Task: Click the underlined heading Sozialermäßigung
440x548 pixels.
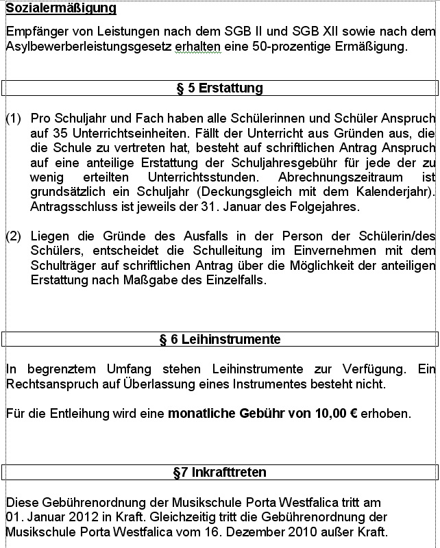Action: point(61,9)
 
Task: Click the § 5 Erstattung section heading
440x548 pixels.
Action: point(219,88)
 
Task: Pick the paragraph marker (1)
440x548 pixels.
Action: point(14,119)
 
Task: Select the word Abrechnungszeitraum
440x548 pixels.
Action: point(336,177)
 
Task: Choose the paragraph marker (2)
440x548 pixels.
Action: point(14,236)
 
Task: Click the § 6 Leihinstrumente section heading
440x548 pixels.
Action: point(219,339)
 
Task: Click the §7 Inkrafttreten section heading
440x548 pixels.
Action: point(219,473)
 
